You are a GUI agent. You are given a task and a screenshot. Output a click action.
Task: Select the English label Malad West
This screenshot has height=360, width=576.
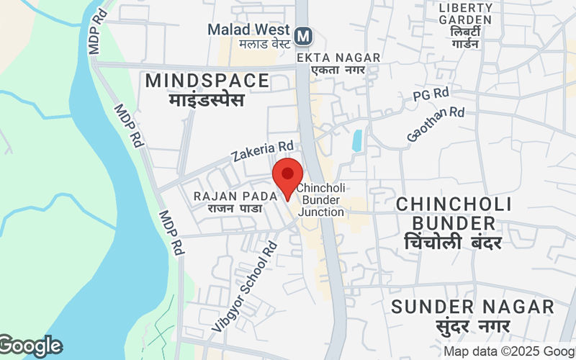point(248,30)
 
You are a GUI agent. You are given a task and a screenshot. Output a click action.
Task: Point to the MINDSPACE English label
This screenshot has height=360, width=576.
point(207,81)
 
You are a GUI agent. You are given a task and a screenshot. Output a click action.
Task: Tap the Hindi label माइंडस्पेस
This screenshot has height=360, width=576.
point(207,99)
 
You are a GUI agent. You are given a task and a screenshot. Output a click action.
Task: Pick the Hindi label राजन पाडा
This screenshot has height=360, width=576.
point(234,208)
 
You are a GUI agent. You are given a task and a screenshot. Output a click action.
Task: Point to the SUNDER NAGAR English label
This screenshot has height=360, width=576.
point(472,307)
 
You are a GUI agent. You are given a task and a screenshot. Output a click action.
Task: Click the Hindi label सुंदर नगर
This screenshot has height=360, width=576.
point(472,326)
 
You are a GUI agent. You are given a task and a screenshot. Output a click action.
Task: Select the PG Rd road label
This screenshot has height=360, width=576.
point(431,95)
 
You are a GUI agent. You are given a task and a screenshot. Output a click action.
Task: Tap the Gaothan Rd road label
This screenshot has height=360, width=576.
point(436,123)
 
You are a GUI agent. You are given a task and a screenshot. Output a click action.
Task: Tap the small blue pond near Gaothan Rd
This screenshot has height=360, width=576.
point(357,140)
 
